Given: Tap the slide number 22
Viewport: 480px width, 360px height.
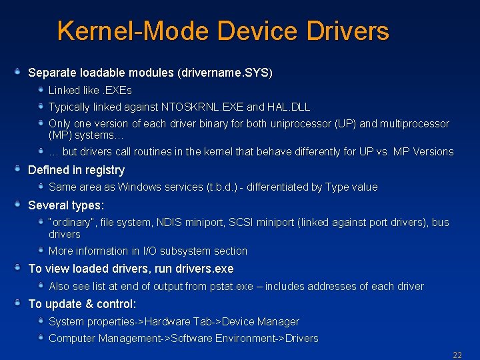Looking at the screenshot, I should point(457,355).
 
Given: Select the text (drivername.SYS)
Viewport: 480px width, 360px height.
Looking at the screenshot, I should point(225,72).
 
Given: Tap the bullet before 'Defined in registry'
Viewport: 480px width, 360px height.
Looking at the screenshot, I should point(20,169).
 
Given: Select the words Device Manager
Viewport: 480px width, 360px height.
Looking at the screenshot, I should point(261,321).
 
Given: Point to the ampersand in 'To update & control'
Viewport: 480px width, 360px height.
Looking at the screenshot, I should point(89,304).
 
